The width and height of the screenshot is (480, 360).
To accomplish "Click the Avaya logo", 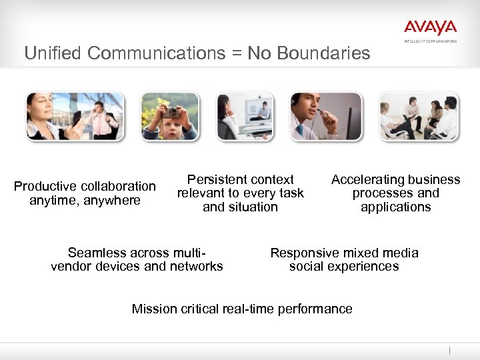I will pos(430,28).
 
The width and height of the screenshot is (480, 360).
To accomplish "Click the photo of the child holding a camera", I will pos(169,116).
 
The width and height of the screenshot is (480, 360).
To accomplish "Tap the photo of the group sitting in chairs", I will pos(418,116).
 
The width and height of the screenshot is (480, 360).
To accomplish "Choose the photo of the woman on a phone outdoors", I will pos(75,116).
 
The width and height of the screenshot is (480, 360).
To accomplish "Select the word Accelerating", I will pos(365,179).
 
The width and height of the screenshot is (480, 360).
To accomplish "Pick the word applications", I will pos(395,207).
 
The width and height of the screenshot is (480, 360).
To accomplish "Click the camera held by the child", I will pos(171,112).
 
